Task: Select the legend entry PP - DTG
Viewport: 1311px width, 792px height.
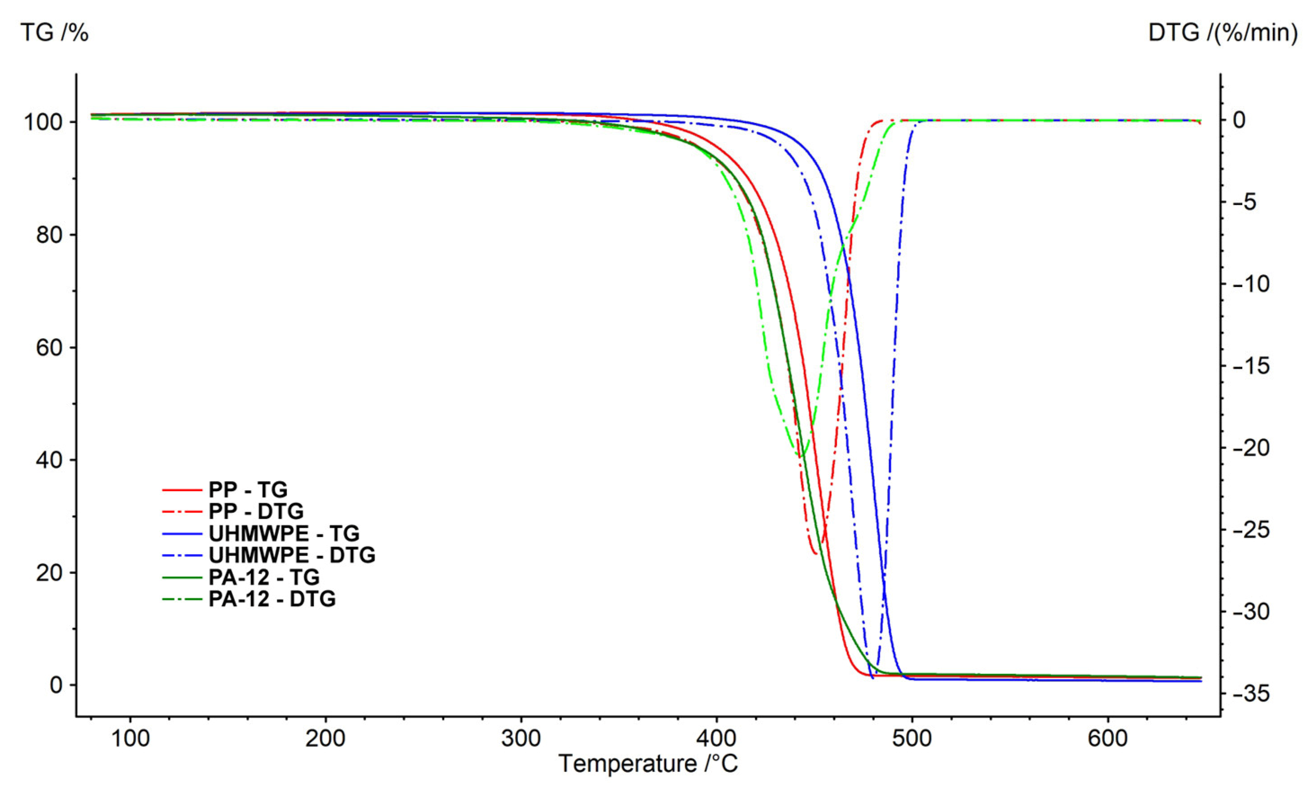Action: [256, 511]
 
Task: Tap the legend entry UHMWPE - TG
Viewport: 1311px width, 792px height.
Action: [284, 533]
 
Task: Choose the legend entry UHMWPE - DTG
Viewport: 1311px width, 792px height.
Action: [292, 555]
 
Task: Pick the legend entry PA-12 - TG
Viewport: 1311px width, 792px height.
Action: [264, 577]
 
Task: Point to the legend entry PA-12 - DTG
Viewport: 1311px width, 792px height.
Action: [272, 599]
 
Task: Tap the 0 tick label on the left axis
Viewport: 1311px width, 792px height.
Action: [56, 685]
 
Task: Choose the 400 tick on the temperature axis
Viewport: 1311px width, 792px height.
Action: [717, 739]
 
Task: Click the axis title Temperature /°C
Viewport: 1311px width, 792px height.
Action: [648, 764]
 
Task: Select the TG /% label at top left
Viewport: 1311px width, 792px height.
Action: [54, 33]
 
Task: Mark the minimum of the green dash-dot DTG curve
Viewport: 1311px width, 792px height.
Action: [800, 456]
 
